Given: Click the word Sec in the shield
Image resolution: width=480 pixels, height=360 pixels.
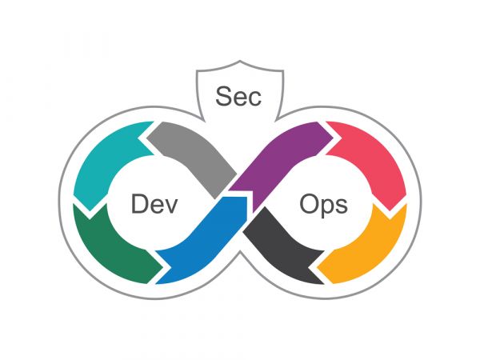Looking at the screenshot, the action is coord(238,96).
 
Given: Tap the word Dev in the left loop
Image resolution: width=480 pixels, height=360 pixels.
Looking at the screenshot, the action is coord(154,204).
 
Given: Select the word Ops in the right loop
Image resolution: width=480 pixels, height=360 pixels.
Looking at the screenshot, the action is coord(323,205).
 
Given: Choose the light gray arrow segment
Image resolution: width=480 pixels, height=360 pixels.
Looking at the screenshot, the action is coord(196,156).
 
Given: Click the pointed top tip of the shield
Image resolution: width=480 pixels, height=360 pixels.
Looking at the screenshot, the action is coord(240,61).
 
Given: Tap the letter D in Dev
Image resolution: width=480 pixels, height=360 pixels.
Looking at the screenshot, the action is coord(138,204).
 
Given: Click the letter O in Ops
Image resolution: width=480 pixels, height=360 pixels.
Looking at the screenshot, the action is coord(309,204).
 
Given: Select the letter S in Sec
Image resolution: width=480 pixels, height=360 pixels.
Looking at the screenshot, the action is coord(223,96).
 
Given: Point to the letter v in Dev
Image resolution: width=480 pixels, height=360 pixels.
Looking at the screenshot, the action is coord(171,206).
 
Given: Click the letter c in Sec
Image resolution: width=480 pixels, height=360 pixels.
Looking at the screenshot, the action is coord(255,99).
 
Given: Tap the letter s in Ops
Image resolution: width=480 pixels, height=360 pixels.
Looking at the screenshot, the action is coord(342,206).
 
